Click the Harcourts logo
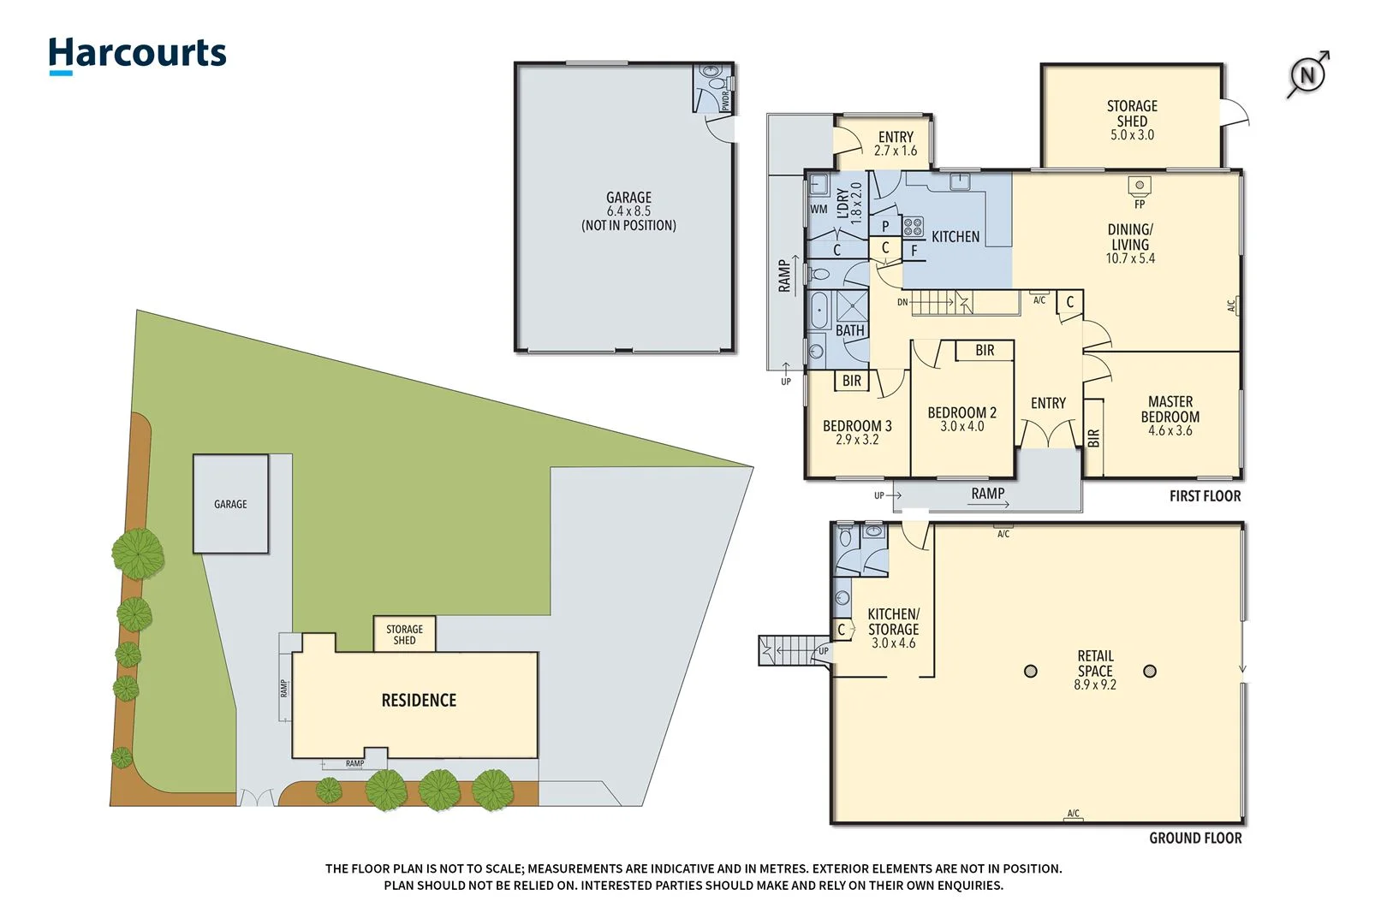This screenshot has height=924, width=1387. click(x=137, y=54)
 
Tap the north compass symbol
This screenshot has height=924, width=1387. click(x=1307, y=75)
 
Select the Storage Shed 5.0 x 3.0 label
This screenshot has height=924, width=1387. click(x=1132, y=120)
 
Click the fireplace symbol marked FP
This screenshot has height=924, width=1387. click(x=1139, y=186)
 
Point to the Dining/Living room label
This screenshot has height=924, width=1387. click(x=1130, y=243)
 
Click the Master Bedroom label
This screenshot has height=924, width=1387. click(x=1170, y=416)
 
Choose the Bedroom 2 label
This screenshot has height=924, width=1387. click(x=961, y=418)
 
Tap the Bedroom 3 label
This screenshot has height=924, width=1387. click(x=857, y=432)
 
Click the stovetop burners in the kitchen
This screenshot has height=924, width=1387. click(x=914, y=227)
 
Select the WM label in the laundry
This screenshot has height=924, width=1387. click(x=819, y=209)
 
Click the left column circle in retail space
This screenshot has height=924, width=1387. click(x=1031, y=671)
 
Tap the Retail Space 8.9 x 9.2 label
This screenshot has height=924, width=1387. click(x=1095, y=670)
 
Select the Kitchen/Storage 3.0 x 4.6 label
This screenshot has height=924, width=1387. click(x=893, y=628)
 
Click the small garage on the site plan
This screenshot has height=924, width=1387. click(x=230, y=504)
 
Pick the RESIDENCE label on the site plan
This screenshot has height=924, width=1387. click(x=419, y=701)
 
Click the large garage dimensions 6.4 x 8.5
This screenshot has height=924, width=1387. click(x=628, y=211)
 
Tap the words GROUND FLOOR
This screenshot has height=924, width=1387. click(x=1194, y=838)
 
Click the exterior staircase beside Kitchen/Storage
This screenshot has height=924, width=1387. click(x=793, y=650)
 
